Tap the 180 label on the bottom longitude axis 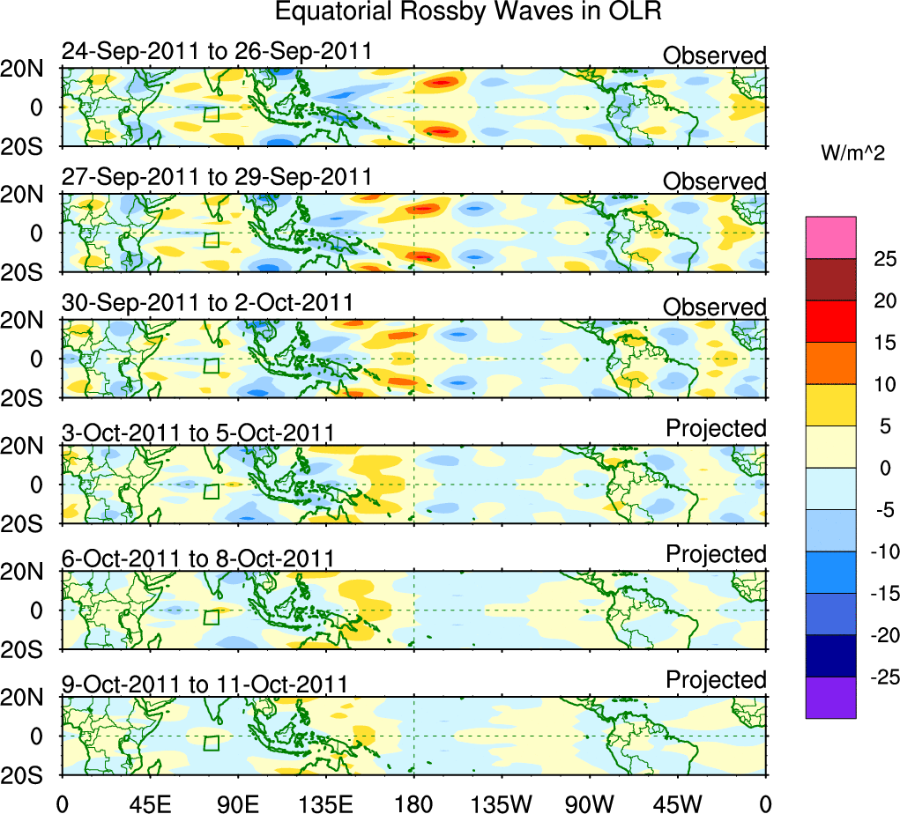(413, 802)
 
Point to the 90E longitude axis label (237, 802)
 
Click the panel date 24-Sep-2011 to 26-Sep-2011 (216, 52)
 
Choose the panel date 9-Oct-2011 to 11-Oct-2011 (204, 684)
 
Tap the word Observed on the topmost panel (715, 55)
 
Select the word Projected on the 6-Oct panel (716, 554)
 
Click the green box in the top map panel (211, 114)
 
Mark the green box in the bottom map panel (211, 744)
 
